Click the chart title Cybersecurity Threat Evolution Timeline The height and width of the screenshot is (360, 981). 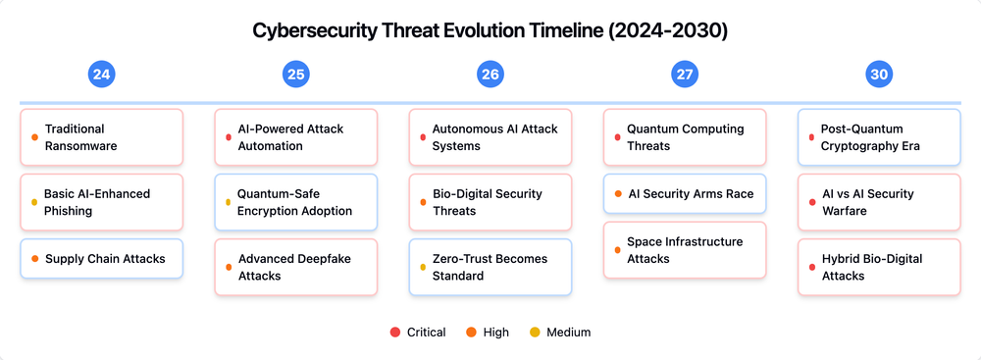click(x=490, y=29)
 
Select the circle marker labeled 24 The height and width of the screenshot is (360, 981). click(x=101, y=75)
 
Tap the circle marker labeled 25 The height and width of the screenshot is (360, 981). click(x=295, y=75)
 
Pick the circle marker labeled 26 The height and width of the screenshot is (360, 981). click(x=490, y=75)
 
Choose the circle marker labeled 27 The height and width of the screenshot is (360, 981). click(x=684, y=75)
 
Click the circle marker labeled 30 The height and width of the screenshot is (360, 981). click(x=878, y=75)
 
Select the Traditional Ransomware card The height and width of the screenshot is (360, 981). click(x=101, y=137)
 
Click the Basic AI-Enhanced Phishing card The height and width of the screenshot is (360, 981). click(x=101, y=202)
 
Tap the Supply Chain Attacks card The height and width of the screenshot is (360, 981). click(x=101, y=259)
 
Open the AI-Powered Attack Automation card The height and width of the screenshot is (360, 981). click(x=295, y=137)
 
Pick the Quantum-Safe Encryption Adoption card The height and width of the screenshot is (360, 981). click(x=295, y=202)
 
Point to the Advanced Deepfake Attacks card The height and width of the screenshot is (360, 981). click(x=295, y=267)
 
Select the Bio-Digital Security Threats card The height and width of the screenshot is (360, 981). click(x=490, y=202)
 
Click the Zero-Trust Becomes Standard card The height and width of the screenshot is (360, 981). click(x=490, y=267)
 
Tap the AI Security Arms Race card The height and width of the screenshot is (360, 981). click(x=684, y=194)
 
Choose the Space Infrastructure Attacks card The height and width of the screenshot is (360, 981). click(x=684, y=250)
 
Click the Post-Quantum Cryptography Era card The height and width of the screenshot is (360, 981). click(x=878, y=137)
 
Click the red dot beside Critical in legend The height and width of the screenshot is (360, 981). click(x=394, y=333)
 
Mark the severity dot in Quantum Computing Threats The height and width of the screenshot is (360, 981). click(x=617, y=137)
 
